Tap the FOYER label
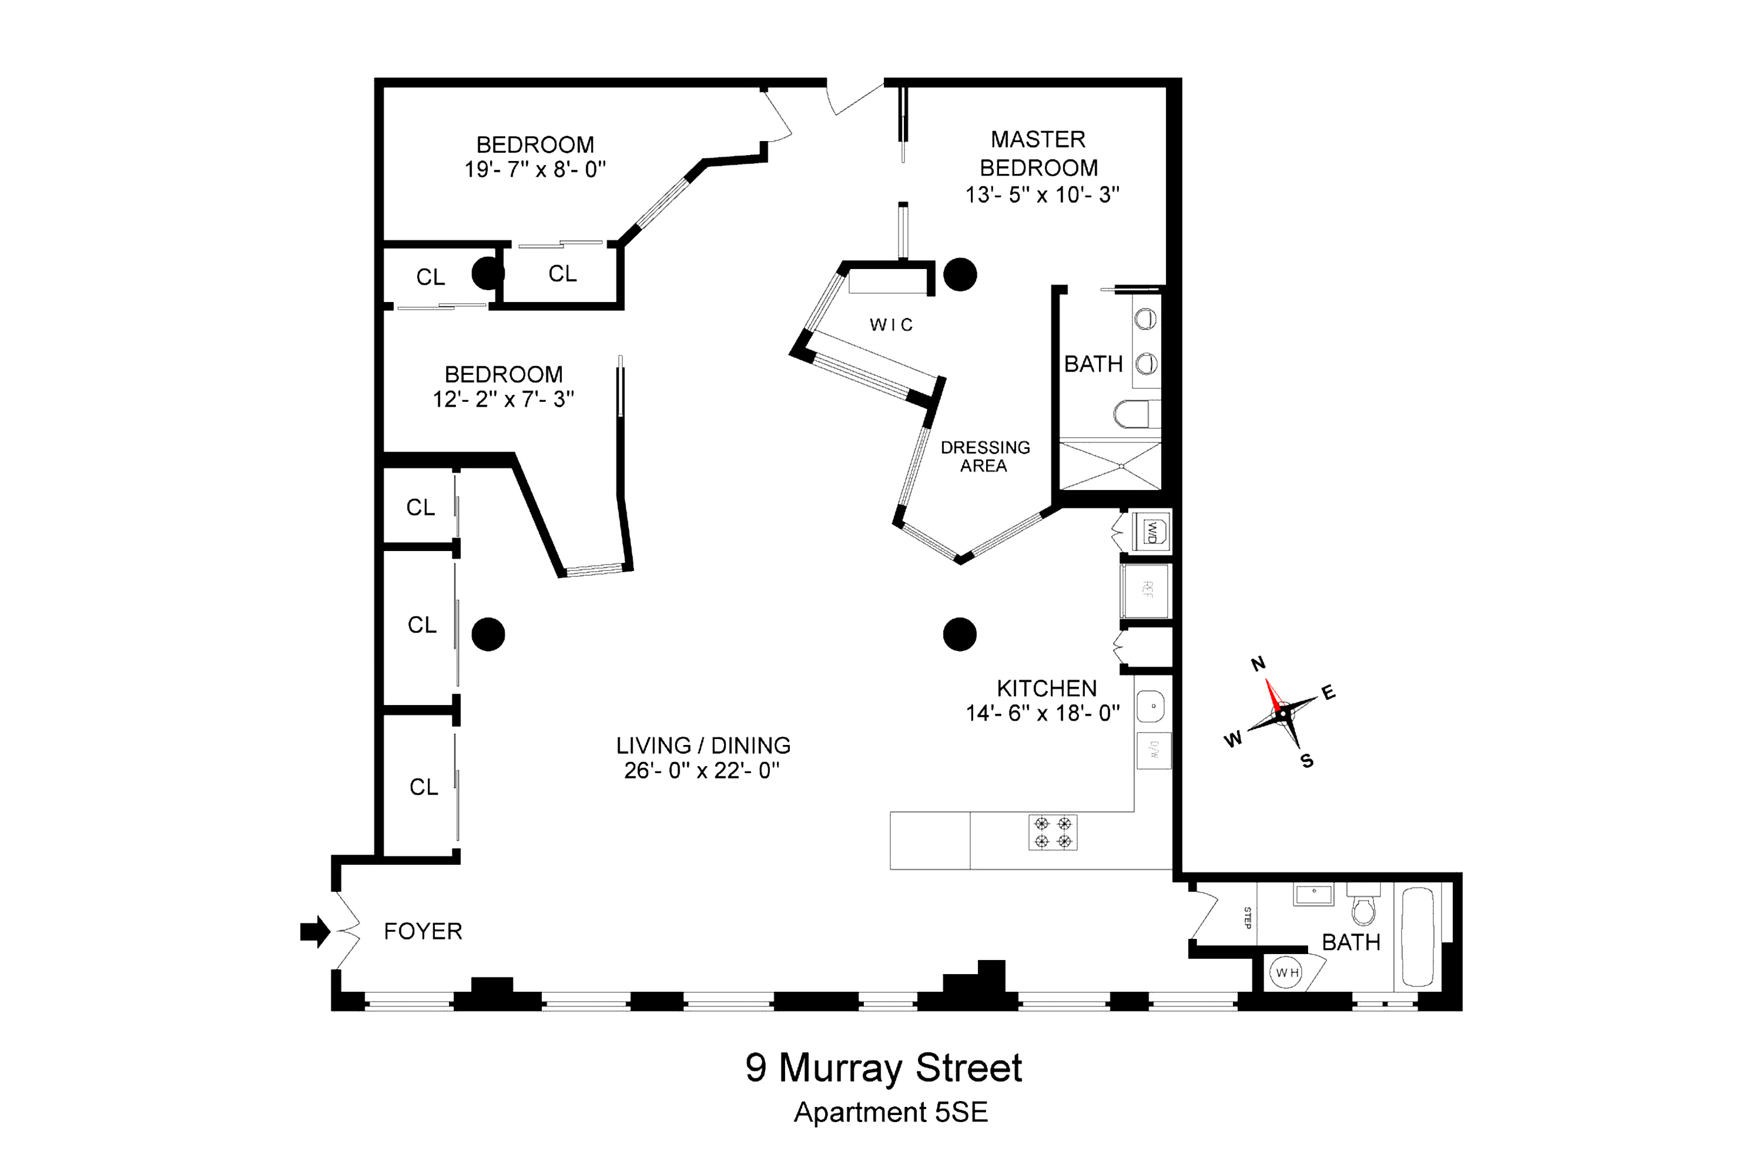point(423,931)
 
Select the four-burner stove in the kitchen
point(1053,832)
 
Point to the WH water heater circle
point(1286,973)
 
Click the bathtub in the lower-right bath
point(1417,936)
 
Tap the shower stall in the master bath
point(1110,465)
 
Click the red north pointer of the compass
point(1273,694)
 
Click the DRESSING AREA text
point(985,456)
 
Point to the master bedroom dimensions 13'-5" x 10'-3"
point(1042,195)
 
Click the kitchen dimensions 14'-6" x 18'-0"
point(1043,713)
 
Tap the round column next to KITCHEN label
point(960,634)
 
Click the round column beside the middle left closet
point(488,634)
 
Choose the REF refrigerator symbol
point(1146,590)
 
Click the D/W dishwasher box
point(1154,750)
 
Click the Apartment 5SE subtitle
point(890,1112)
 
